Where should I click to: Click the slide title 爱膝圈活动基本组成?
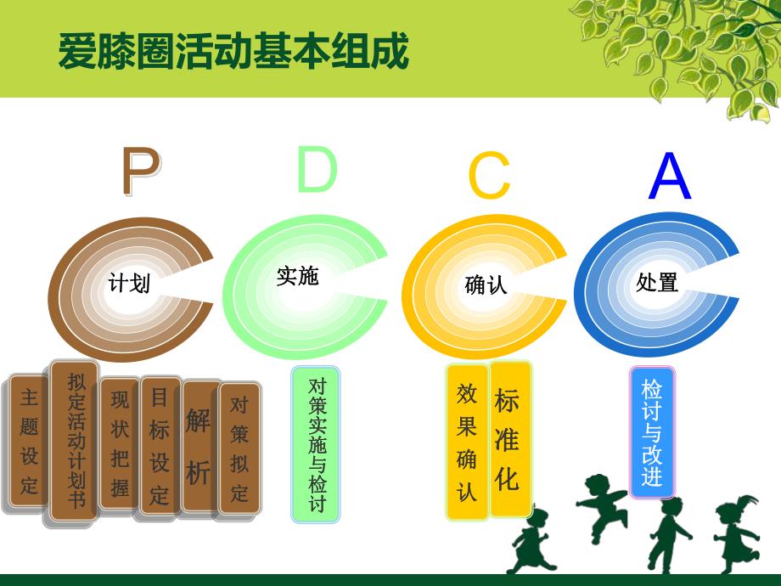coord(233,52)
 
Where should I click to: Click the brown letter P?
coord(139,172)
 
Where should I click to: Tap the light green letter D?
coord(317,169)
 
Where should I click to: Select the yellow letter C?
coord(489,177)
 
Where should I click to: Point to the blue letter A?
coord(670,177)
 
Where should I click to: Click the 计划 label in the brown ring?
coord(129,284)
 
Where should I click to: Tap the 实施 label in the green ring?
coord(298,276)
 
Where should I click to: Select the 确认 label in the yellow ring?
coord(486,285)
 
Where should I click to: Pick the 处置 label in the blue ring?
coord(657,282)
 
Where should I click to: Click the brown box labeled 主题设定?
coord(30,442)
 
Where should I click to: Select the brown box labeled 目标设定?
coord(160,445)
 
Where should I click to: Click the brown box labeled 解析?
coord(198,446)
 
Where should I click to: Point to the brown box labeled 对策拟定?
coord(239,448)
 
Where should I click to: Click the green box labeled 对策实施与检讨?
coord(316,443)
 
